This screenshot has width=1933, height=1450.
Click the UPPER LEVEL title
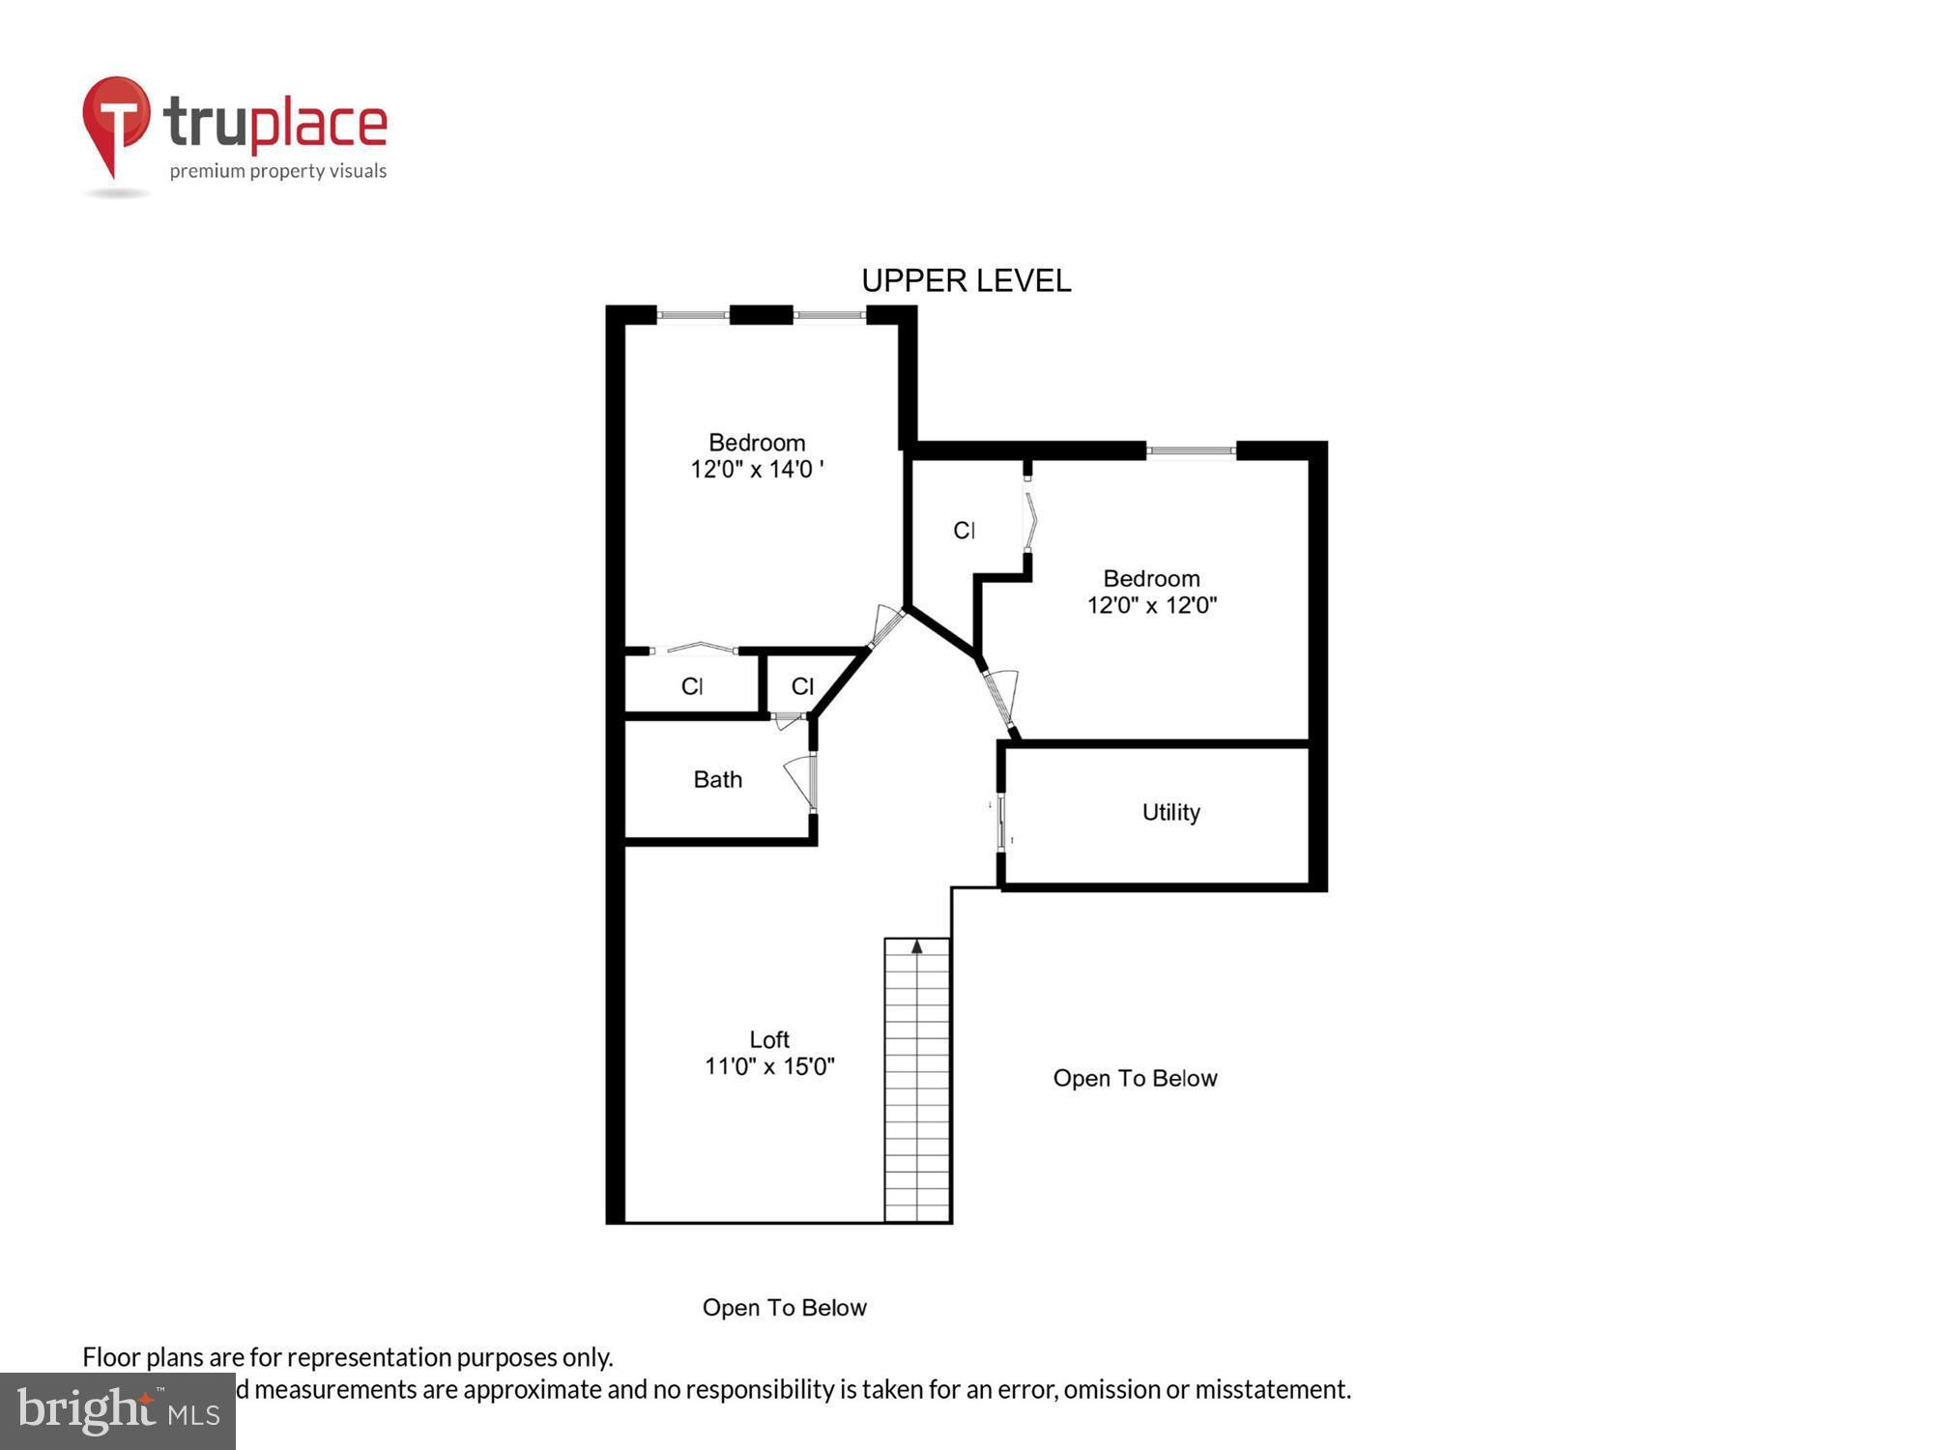pyautogui.click(x=966, y=280)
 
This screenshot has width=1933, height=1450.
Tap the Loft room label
pyautogui.click(x=769, y=1039)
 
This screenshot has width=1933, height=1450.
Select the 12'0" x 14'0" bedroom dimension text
pyautogui.click(x=757, y=470)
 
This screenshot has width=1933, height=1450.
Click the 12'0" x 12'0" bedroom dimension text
pyautogui.click(x=1151, y=605)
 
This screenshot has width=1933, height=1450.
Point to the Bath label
pyautogui.click(x=717, y=779)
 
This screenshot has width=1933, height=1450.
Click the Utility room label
pyautogui.click(x=1170, y=812)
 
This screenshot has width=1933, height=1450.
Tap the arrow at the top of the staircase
pyautogui.click(x=916, y=947)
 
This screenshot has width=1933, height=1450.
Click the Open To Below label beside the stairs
pyautogui.click(x=1135, y=1078)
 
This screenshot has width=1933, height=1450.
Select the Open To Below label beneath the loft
pyautogui.click(x=784, y=1307)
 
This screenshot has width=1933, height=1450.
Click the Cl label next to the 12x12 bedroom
pyautogui.click(x=964, y=530)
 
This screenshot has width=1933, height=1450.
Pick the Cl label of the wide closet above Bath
pyautogui.click(x=691, y=686)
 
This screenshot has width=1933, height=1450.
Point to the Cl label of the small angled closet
pyautogui.click(x=802, y=686)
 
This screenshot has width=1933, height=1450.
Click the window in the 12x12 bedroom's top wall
pyautogui.click(x=1191, y=450)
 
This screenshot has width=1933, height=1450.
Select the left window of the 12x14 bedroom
pyautogui.click(x=693, y=314)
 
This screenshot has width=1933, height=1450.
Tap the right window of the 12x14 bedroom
pyautogui.click(x=829, y=314)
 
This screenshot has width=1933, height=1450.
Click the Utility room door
pyautogui.click(x=1001, y=822)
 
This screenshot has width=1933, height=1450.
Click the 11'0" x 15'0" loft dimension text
pyautogui.click(x=769, y=1066)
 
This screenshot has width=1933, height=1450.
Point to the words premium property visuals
pyautogui.click(x=278, y=171)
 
